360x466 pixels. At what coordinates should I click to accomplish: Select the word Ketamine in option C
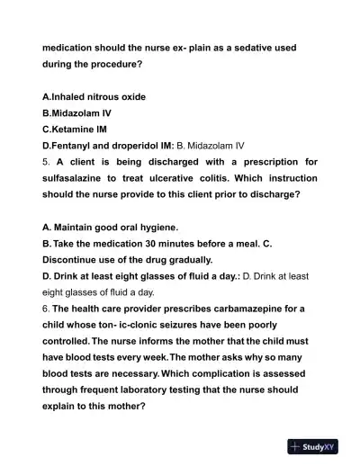(78, 130)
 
